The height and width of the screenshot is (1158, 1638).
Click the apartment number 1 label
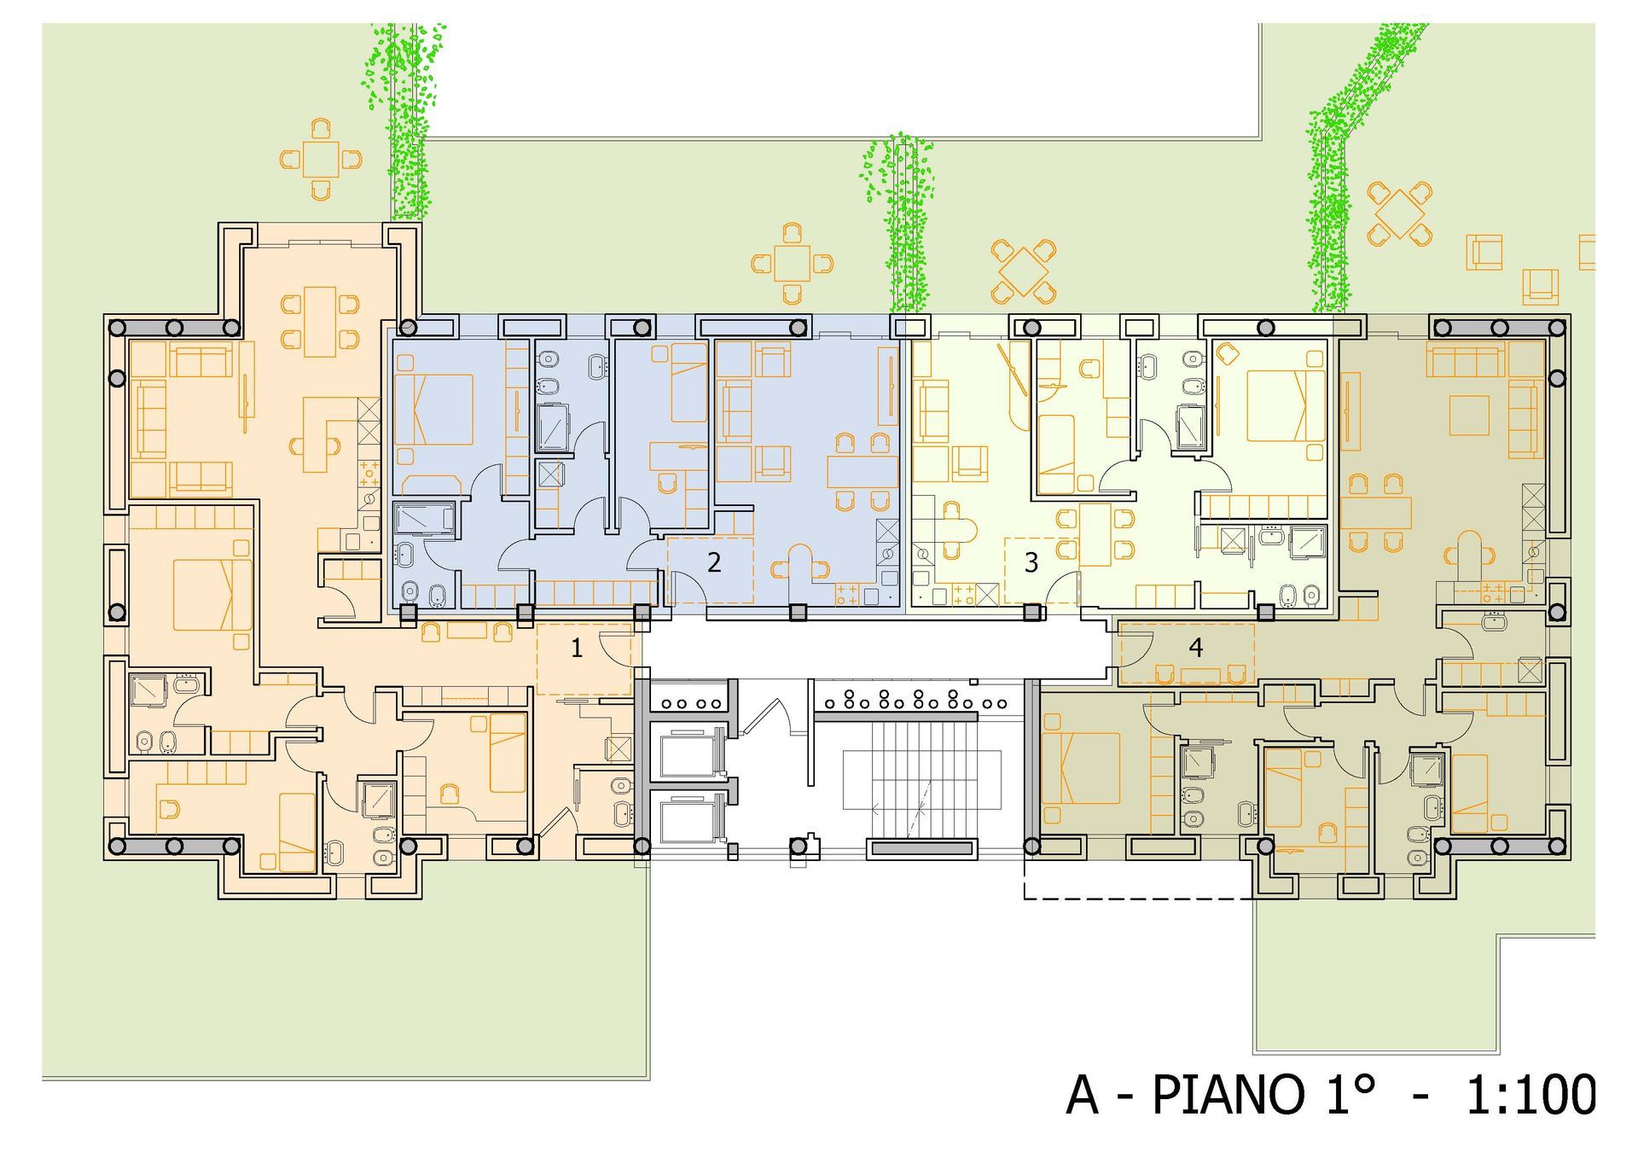point(577,649)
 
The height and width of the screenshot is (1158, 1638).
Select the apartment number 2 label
point(714,562)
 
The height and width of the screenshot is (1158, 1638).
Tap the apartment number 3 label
point(1031,562)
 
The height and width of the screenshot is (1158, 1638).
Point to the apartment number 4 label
point(1195,648)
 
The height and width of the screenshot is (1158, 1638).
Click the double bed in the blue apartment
point(433,409)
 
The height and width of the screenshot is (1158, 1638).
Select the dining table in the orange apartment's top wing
point(320,321)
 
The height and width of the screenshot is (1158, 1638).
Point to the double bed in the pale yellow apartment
point(1285,405)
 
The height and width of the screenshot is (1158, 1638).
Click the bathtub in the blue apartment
point(424,519)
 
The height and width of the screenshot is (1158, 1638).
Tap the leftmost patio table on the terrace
point(320,159)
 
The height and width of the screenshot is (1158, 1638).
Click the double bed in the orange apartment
point(213,594)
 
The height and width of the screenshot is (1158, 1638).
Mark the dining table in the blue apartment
point(862,471)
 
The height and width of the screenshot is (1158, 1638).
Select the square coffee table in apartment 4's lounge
point(1469,416)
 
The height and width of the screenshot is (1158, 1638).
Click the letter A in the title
point(1083,1094)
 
